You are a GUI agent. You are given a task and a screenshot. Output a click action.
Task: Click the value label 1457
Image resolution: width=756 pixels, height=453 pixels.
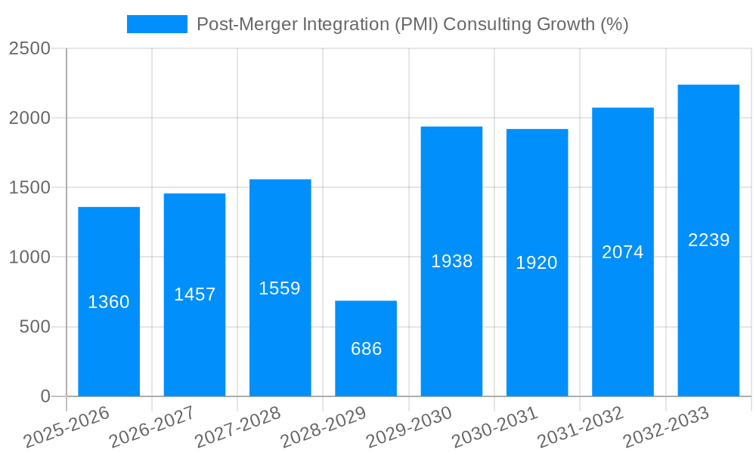(x=194, y=294)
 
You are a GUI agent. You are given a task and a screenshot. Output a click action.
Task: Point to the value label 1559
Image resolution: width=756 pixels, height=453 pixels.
(x=280, y=288)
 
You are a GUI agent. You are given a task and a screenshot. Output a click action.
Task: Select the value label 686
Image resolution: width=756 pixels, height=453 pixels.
(x=366, y=349)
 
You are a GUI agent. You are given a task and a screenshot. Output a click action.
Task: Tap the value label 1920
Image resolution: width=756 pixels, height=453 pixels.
(x=537, y=263)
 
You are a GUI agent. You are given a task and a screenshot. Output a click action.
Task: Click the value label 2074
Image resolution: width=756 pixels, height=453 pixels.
(x=623, y=252)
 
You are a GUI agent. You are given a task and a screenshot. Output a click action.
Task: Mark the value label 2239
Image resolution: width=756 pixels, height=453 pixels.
(x=708, y=240)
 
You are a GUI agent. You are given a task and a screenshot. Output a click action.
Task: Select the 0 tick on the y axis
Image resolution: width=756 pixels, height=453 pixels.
(x=45, y=396)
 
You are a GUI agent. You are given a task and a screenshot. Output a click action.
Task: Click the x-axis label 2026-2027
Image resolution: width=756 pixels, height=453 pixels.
(x=151, y=427)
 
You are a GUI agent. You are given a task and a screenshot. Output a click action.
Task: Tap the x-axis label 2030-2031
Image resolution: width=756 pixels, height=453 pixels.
(x=494, y=427)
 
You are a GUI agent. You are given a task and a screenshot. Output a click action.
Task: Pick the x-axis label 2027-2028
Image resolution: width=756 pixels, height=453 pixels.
(x=237, y=427)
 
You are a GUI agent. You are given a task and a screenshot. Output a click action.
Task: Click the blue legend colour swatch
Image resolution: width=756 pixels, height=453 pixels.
(x=157, y=24)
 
